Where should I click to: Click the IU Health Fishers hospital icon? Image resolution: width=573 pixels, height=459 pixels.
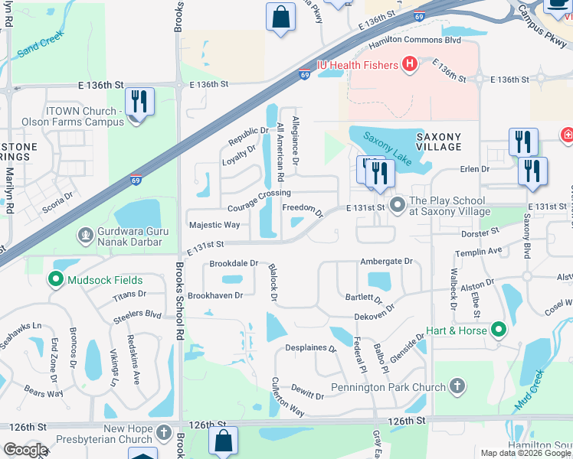(409, 65)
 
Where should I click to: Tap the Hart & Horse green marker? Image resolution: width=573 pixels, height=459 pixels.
(499, 330)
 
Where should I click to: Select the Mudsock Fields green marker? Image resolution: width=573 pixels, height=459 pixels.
(55, 280)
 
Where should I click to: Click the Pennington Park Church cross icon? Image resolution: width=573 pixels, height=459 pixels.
(457, 386)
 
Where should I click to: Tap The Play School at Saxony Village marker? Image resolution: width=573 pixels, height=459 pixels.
(397, 205)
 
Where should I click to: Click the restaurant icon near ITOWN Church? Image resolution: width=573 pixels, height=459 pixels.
(139, 102)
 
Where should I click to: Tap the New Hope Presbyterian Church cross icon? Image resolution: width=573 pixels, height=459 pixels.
(163, 434)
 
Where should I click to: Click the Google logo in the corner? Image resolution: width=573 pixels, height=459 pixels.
(25, 450)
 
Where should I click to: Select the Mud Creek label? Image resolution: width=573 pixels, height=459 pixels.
(529, 390)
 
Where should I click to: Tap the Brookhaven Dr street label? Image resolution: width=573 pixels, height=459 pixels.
(215, 295)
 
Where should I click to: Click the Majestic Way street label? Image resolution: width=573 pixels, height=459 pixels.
(214, 225)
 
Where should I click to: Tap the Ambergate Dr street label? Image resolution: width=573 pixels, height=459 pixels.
(386, 261)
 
